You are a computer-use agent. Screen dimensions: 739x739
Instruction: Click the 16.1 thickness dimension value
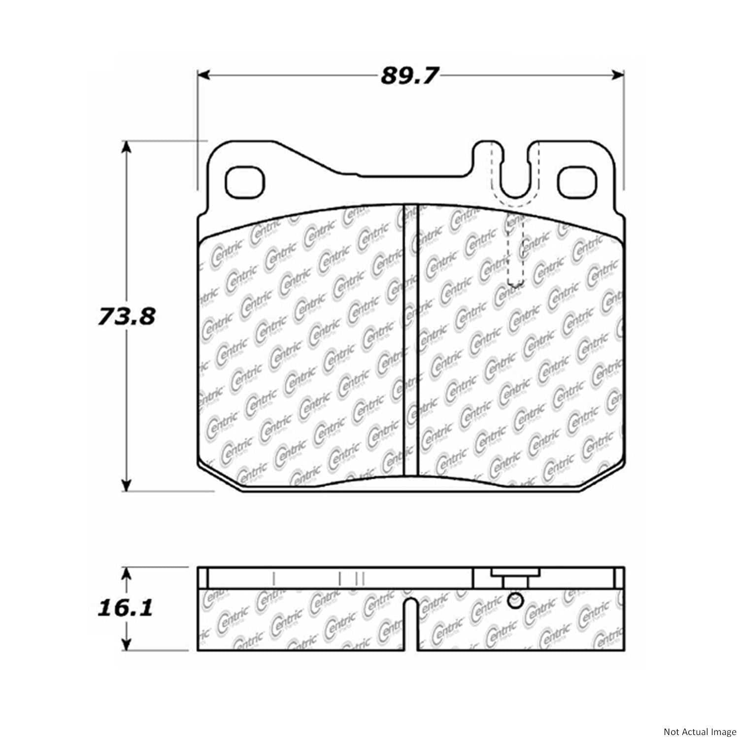tap(125, 608)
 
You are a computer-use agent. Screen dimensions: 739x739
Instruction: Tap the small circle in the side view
tap(514, 601)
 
